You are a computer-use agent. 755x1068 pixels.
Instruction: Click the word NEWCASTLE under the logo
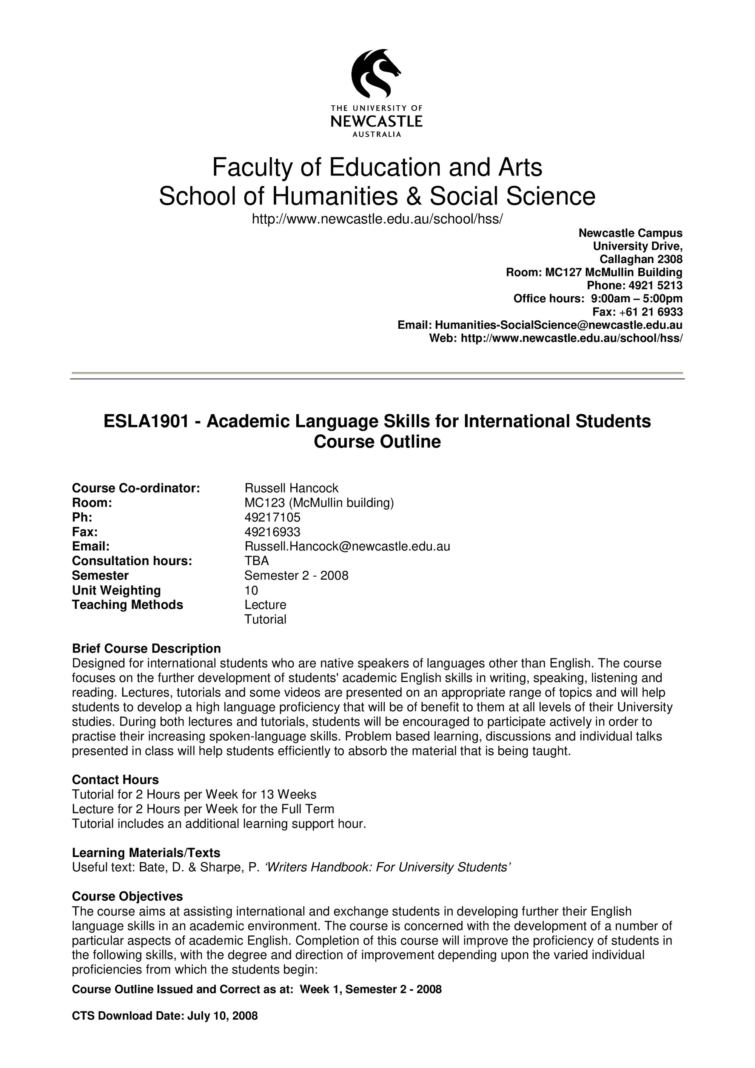(376, 122)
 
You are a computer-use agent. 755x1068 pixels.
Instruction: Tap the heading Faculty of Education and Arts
(377, 168)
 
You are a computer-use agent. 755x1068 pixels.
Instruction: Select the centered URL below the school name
(377, 219)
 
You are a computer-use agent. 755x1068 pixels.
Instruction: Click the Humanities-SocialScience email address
(558, 325)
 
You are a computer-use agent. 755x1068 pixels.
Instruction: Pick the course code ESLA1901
(146, 422)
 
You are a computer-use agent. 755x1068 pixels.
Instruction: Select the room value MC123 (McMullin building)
(319, 502)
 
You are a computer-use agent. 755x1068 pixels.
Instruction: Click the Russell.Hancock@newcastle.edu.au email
(347, 546)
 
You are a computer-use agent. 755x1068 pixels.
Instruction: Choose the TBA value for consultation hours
(257, 560)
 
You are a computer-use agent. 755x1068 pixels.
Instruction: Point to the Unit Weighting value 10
(251, 590)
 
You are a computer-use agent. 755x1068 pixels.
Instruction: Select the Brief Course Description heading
(146, 648)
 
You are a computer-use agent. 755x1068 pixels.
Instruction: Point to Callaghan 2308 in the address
(641, 259)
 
